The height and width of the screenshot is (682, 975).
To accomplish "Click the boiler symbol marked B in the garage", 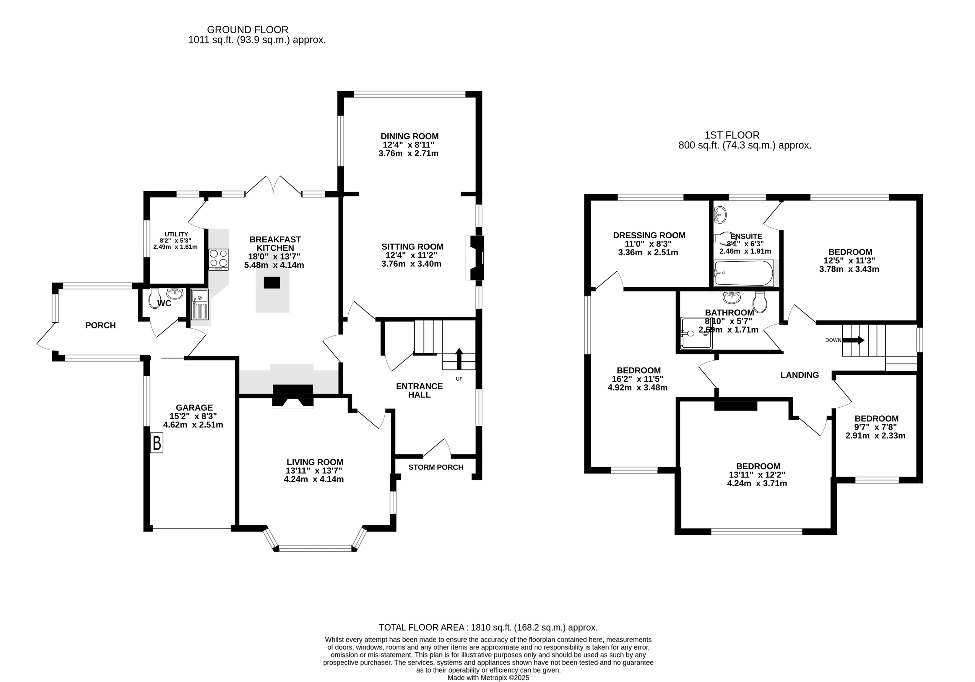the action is pyautogui.click(x=157, y=443).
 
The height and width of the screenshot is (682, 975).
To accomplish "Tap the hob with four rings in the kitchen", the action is pyautogui.click(x=219, y=259).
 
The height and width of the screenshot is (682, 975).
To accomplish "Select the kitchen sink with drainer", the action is pyautogui.click(x=200, y=304).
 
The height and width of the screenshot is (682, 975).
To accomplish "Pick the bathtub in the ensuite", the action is pyautogui.click(x=744, y=273).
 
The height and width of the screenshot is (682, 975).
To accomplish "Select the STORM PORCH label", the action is pyautogui.click(x=436, y=467).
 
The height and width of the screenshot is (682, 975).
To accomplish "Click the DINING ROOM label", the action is pyautogui.click(x=409, y=136).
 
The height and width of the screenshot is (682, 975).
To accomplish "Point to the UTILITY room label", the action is pyautogui.click(x=176, y=234).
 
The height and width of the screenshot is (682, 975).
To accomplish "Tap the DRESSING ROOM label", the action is pyautogui.click(x=649, y=235).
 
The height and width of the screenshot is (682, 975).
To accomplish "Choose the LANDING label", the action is pyautogui.click(x=799, y=375).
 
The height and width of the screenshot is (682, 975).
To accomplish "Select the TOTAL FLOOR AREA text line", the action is pyautogui.click(x=488, y=627).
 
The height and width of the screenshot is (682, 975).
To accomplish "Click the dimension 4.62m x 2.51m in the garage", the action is pyautogui.click(x=193, y=425).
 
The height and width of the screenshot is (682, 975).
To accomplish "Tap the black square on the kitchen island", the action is pyautogui.click(x=272, y=283).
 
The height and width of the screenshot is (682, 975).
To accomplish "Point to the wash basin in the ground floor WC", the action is pyautogui.click(x=175, y=293).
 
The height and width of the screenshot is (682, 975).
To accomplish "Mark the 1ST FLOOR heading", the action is pyautogui.click(x=732, y=135).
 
